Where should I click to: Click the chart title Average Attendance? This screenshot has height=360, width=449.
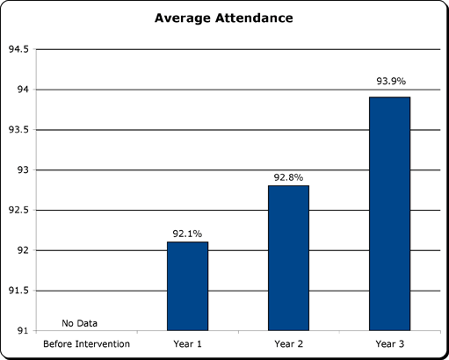coord(223,18)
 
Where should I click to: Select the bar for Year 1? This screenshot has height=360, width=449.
coord(187,285)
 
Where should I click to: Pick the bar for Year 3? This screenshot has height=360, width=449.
coord(389,213)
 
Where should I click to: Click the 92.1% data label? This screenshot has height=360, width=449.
coord(187,234)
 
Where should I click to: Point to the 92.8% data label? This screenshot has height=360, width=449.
coord(288,177)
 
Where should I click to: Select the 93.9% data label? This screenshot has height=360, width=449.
coord(389,82)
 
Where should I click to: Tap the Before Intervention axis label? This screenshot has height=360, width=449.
coord(86,343)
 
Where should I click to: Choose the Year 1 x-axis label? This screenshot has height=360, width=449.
coord(187,343)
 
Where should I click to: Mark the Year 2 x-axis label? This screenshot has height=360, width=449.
coord(288,343)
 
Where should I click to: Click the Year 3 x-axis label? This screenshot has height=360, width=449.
coord(389,343)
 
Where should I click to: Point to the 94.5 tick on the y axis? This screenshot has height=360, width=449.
coord(18,49)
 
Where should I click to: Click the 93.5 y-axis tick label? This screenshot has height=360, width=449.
coord(18,130)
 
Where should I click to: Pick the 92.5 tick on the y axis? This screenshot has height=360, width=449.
coord(18,210)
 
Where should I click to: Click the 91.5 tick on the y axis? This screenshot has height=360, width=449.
coord(18,290)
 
